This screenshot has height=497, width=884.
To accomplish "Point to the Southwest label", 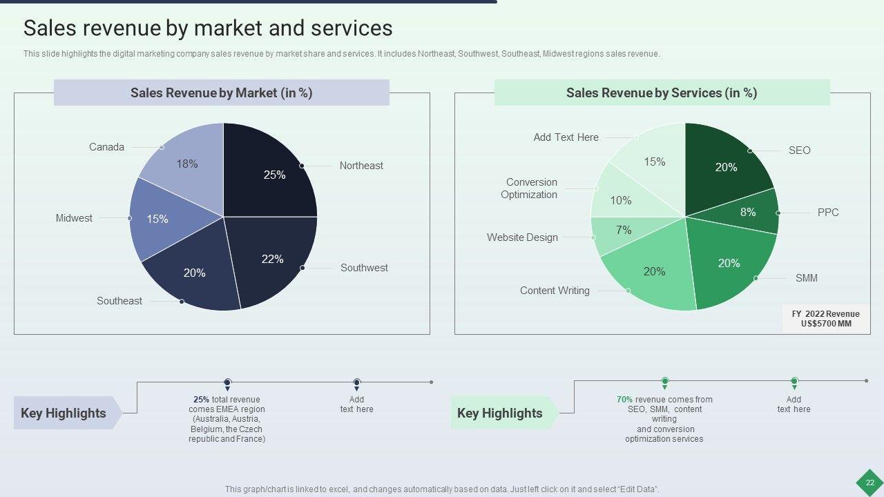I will pos(364,268).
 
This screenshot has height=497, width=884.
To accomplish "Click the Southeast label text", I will pos(119,301).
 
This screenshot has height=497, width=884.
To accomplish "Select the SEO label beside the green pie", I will pos(799,150).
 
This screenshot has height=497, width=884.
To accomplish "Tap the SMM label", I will pos(806,278).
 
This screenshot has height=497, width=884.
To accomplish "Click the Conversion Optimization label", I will pos(530,188).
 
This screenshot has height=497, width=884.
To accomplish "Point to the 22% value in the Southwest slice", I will pos(273,260).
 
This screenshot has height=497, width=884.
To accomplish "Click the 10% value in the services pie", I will pos(621,201).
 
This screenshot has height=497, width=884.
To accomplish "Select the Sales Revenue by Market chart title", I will pos(222,93).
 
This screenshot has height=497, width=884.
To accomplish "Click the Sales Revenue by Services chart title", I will pos(662,93).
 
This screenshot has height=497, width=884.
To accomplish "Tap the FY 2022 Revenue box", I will pos(825,319).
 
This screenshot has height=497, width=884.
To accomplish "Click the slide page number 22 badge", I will pos(869,483).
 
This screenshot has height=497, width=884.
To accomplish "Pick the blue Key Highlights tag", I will pos(64,413).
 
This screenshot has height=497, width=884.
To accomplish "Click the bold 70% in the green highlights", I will pos(624,400).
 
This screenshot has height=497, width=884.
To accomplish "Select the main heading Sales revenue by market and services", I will pos(208,28).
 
